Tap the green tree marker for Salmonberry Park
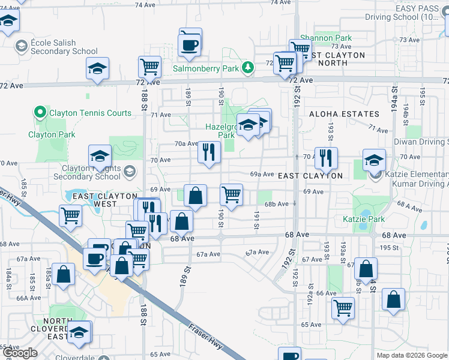pyautogui.click(x=247, y=67)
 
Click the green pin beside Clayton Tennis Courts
pyautogui.click(x=40, y=112)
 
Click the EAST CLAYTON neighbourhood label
pyautogui.click(x=310, y=176)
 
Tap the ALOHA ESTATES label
pyautogui.click(x=344, y=114)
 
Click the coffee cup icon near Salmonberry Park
pyautogui.click(x=190, y=45)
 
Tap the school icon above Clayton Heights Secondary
pyautogui.click(x=100, y=157)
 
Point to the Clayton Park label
pyautogui.click(x=52, y=135)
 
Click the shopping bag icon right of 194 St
pyautogui.click(x=393, y=299)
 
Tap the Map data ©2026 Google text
pyautogui.click(x=412, y=355)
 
